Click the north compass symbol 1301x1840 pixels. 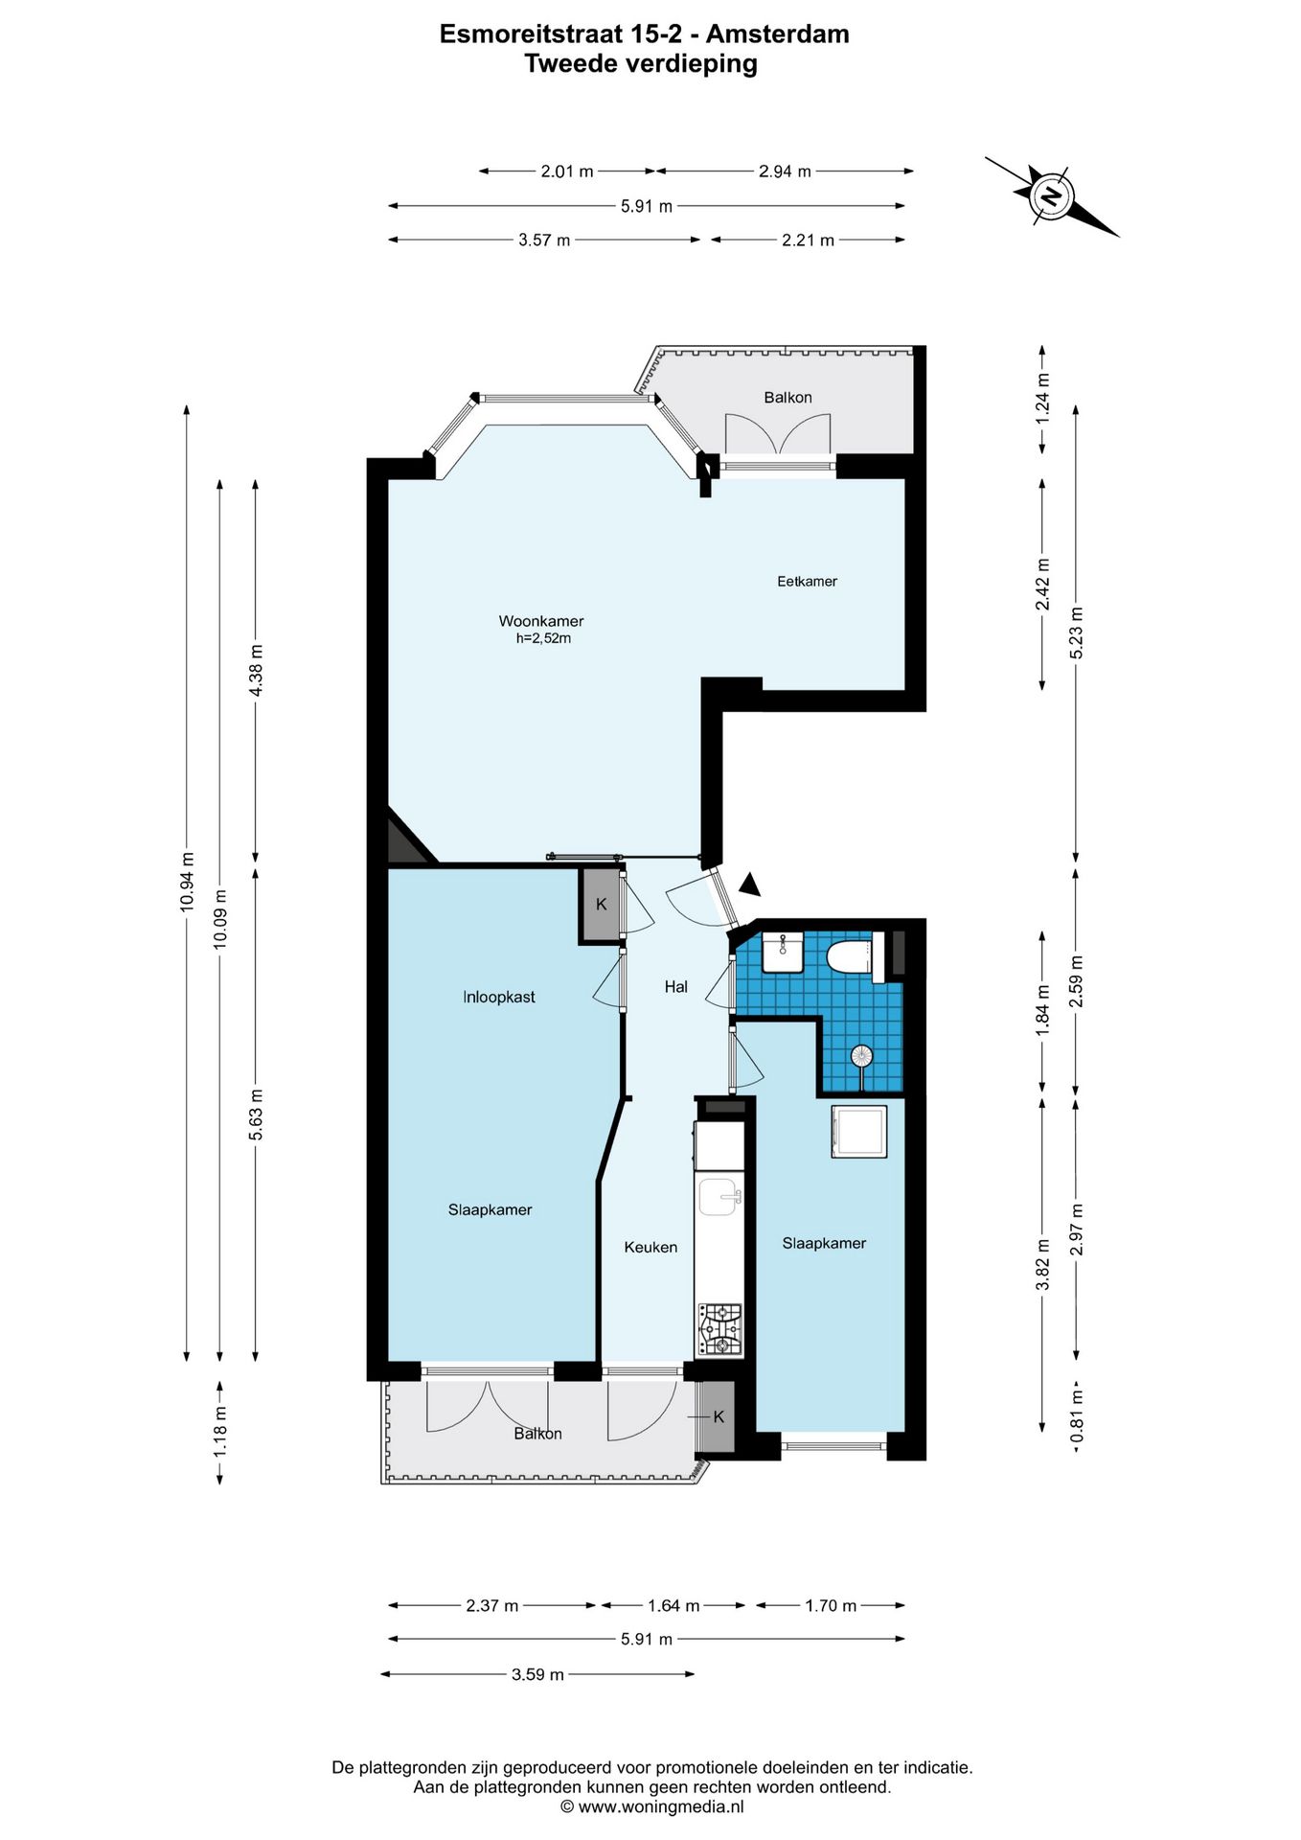click(1051, 195)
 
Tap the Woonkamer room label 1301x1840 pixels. click(541, 621)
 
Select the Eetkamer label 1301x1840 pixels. click(807, 581)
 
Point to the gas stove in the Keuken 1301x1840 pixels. click(719, 1329)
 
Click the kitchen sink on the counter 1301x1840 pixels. click(719, 1196)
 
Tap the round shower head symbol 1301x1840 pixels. click(862, 1056)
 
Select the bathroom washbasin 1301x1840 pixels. click(783, 954)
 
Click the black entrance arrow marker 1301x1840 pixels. click(749, 885)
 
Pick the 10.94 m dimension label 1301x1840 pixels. click(188, 881)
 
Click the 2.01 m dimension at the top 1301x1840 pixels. click(567, 172)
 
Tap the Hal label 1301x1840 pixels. click(676, 987)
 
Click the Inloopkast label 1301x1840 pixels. click(499, 997)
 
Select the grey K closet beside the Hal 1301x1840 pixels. click(601, 905)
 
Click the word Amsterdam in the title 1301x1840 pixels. click(778, 34)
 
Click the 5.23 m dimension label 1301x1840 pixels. click(1076, 632)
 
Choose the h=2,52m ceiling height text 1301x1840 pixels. click(543, 639)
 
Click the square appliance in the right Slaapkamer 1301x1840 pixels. click(859, 1131)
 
